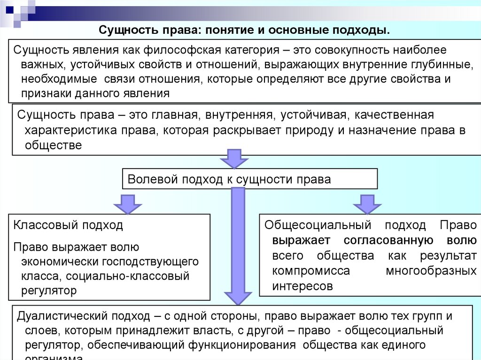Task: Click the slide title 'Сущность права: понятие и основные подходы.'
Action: [244, 31]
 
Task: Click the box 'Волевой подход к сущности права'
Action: [249, 179]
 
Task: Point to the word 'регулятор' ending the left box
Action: [48, 291]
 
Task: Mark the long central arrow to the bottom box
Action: [239, 244]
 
